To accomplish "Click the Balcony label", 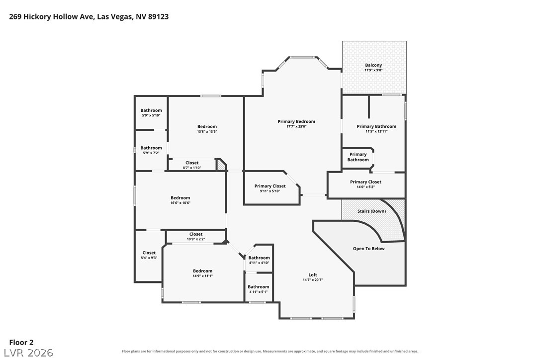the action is pyautogui.click(x=373, y=65).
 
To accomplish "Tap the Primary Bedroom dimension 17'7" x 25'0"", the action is pyautogui.click(x=296, y=126).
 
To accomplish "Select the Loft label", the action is pyautogui.click(x=313, y=274).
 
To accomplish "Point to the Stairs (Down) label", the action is pyautogui.click(x=371, y=211).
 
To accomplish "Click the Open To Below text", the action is pyautogui.click(x=368, y=249).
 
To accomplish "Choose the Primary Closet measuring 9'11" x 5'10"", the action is pyautogui.click(x=270, y=186).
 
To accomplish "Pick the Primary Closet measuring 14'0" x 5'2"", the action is pyautogui.click(x=366, y=182).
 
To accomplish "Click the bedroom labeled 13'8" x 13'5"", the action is pyautogui.click(x=207, y=126).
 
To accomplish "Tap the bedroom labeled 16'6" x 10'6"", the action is pyautogui.click(x=180, y=198).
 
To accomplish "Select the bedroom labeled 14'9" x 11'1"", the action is pyautogui.click(x=202, y=271).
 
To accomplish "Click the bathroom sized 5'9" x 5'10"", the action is pyautogui.click(x=151, y=110).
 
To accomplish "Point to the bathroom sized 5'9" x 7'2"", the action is pyautogui.click(x=151, y=148).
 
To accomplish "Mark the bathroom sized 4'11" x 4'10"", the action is pyautogui.click(x=259, y=258).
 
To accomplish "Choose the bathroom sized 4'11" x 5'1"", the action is pyautogui.click(x=258, y=286).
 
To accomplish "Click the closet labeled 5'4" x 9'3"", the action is pyautogui.click(x=149, y=253).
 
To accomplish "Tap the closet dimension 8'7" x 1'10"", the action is pyautogui.click(x=192, y=168).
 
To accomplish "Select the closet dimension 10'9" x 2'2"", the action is pyautogui.click(x=196, y=239).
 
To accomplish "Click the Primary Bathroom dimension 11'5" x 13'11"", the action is pyautogui.click(x=376, y=131).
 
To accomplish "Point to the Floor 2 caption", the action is pyautogui.click(x=21, y=343).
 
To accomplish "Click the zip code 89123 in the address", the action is pyautogui.click(x=159, y=16).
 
